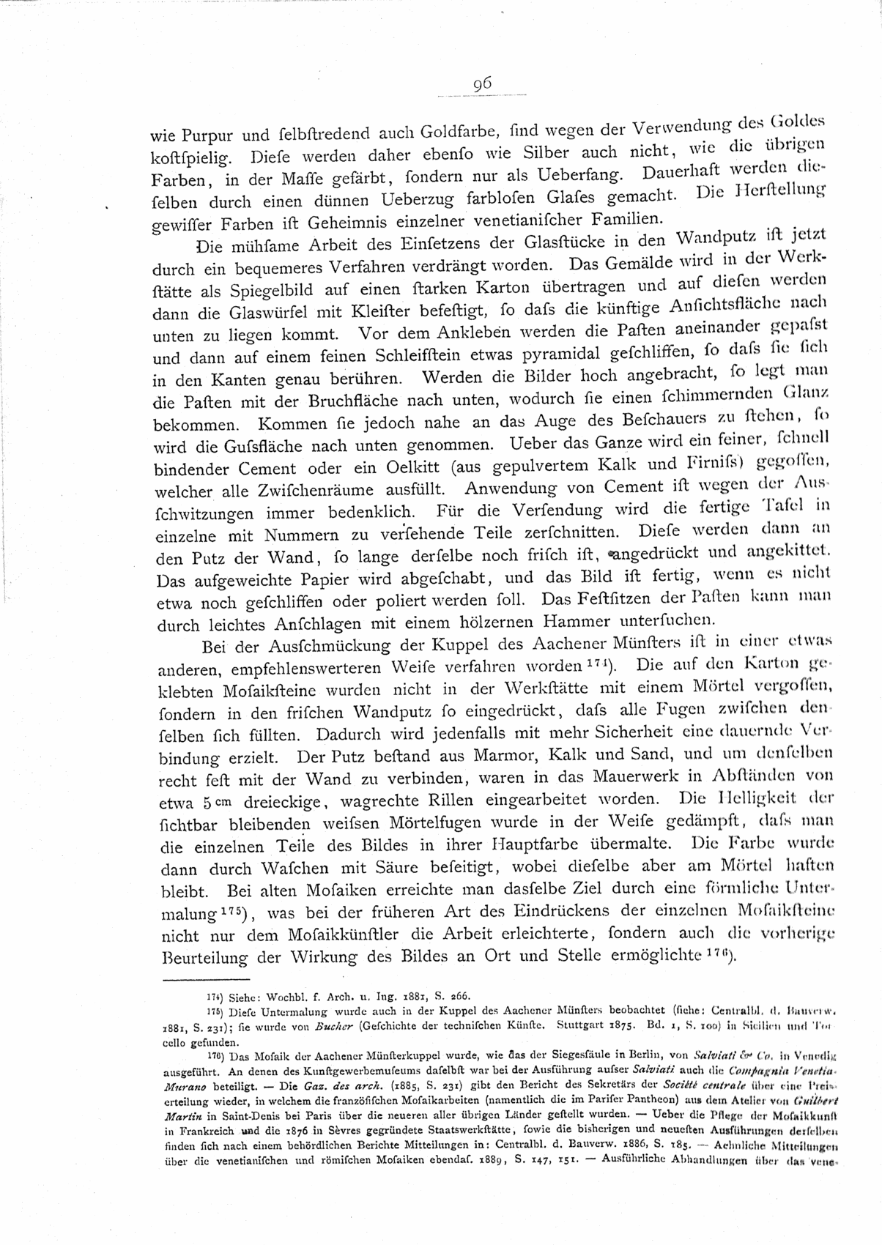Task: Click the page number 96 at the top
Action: point(481,84)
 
